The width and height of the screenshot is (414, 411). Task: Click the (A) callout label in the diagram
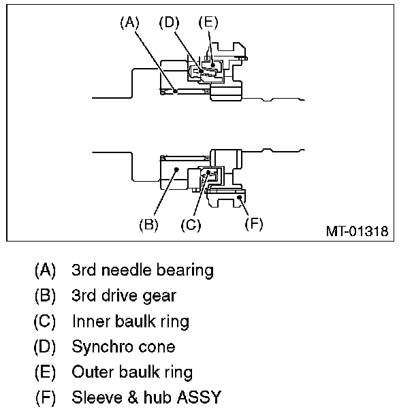coord(129,22)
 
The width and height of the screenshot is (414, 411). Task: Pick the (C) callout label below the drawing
coord(192,224)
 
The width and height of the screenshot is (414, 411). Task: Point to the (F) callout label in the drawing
coord(253,224)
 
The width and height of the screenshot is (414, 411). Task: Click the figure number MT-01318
coord(356,231)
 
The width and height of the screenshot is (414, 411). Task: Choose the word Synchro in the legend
coord(100,347)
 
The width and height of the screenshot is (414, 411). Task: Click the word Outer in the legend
coord(90,372)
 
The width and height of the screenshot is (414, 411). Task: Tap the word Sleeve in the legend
coord(94,397)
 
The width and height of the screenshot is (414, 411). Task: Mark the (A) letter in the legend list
coord(46,270)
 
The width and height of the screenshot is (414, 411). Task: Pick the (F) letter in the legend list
coord(46,397)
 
